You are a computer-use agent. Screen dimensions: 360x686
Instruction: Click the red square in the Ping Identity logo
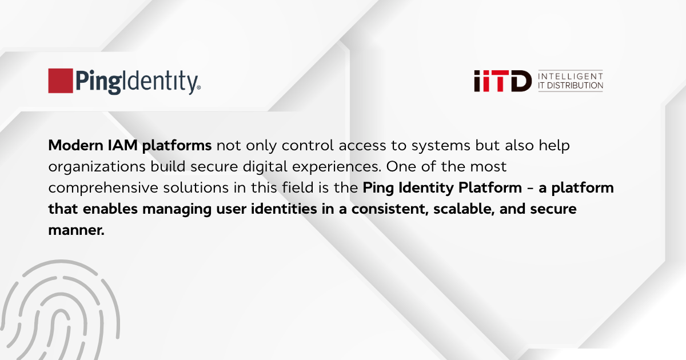click(60, 81)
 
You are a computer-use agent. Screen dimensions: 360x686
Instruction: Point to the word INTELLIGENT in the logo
click(571, 76)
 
